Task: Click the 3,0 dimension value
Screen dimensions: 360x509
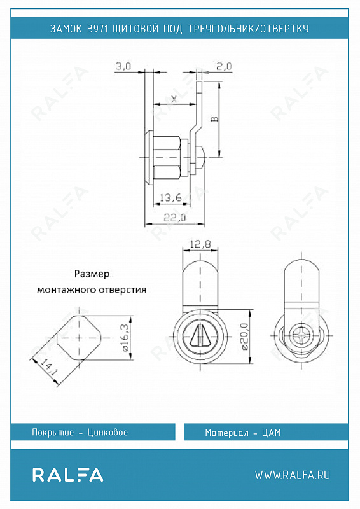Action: tap(123, 66)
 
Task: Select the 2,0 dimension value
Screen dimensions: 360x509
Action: tap(224, 66)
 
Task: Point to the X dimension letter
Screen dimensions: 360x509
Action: tap(174, 99)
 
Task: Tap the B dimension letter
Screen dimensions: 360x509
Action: tap(214, 119)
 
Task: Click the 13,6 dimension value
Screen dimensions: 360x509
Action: tap(170, 197)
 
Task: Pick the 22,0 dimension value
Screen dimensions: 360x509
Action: tap(175, 218)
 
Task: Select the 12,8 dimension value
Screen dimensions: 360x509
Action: tap(200, 244)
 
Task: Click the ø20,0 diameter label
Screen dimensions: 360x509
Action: tap(245, 337)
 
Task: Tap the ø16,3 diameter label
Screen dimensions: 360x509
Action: tap(125, 338)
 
